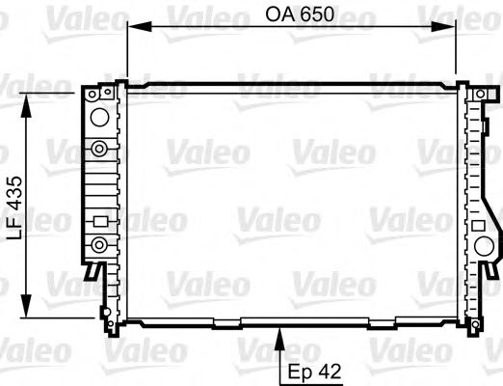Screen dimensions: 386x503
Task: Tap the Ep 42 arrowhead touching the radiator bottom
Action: pyautogui.click(x=280, y=335)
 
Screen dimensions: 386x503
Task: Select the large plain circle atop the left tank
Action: pyautogui.click(x=96, y=118)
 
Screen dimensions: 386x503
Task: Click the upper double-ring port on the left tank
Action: pyautogui.click(x=97, y=148)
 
